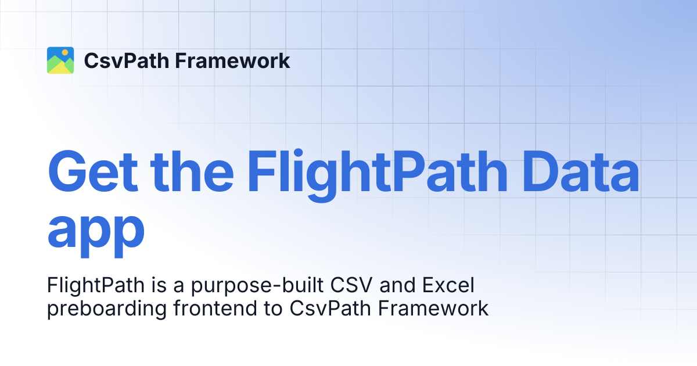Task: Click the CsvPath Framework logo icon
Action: [x=60, y=60]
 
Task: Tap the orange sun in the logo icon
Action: [x=65, y=52]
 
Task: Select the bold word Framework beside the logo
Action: [x=232, y=60]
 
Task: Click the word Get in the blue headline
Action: [x=93, y=171]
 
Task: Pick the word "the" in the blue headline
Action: [x=192, y=171]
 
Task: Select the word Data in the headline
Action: [x=581, y=171]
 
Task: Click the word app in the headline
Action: [x=96, y=232]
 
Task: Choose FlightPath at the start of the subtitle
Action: [x=96, y=286]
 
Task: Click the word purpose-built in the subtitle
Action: [x=257, y=286]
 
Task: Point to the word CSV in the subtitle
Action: [x=351, y=285]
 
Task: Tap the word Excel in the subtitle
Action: [x=448, y=285]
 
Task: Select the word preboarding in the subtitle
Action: [x=107, y=309]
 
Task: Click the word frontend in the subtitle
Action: [x=215, y=308]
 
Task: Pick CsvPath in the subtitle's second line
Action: [x=330, y=308]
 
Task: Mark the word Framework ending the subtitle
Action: [x=433, y=308]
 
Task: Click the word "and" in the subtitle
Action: [x=397, y=285]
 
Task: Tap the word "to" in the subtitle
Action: [x=273, y=308]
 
